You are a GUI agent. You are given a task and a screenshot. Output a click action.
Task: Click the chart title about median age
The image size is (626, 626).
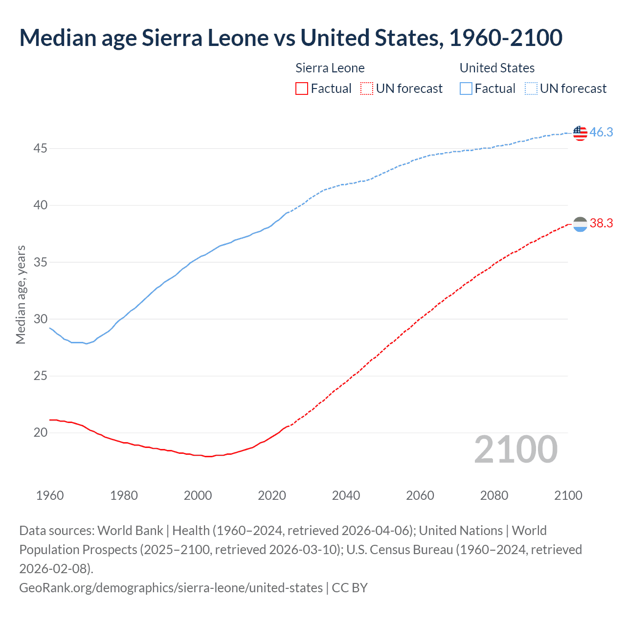tap(291, 38)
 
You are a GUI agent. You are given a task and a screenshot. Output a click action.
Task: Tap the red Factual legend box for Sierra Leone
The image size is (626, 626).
tap(302, 89)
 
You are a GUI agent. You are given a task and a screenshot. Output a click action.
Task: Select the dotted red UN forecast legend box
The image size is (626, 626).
tap(366, 89)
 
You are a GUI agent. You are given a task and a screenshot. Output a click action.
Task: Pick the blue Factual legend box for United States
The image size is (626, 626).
tap(466, 89)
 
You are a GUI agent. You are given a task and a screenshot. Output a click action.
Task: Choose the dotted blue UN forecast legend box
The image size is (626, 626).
tap(531, 89)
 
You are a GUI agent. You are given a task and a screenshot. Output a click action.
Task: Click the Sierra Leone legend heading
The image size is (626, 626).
tap(330, 68)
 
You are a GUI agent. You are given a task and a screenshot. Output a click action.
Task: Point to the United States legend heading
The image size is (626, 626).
tap(497, 68)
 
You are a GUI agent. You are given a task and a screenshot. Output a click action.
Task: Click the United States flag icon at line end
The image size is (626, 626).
tap(580, 133)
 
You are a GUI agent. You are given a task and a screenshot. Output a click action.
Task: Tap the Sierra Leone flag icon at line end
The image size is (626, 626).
tap(580, 224)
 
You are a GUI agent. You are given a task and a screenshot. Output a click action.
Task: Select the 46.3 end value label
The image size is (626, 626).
tap(601, 132)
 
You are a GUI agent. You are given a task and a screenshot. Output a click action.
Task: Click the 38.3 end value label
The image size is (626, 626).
tap(601, 224)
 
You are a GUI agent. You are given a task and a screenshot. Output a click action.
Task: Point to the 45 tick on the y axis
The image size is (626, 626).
tap(40, 148)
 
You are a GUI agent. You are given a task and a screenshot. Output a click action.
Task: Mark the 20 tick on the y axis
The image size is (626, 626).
tap(40, 432)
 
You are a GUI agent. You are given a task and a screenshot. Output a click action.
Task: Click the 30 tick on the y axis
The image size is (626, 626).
tap(40, 319)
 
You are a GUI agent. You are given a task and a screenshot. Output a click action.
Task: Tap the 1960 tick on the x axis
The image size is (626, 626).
tap(50, 495)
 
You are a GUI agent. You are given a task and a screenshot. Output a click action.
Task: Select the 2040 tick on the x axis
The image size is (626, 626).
tap(346, 495)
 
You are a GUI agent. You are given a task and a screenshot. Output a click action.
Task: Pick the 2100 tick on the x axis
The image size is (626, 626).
tap(568, 495)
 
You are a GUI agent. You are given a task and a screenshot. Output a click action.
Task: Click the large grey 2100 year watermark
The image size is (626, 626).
tap(515, 449)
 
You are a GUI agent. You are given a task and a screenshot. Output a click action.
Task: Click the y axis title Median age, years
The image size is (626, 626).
tap(21, 295)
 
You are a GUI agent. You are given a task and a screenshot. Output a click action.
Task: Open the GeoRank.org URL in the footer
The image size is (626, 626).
tap(171, 587)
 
